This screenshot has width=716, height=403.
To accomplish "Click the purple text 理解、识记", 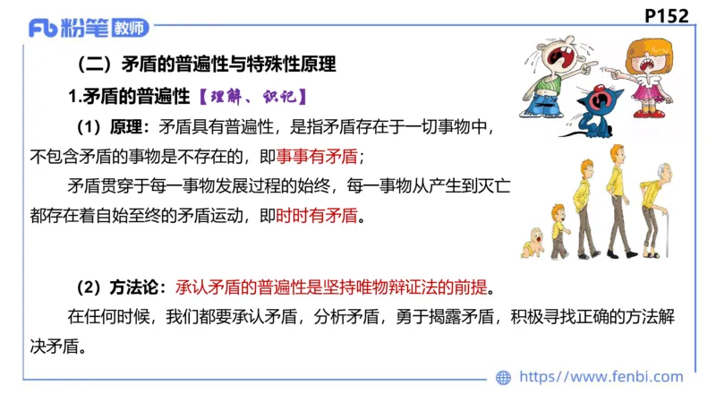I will coord(253,96).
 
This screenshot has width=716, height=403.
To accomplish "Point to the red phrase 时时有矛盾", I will coord(316,215).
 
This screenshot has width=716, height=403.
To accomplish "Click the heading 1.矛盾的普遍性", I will coord(129,96).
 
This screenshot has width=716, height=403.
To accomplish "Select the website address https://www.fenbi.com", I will coord(601,377).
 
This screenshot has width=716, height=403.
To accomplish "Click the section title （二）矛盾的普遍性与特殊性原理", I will coord(207,64).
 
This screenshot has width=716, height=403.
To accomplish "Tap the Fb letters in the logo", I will coord(43,30).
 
